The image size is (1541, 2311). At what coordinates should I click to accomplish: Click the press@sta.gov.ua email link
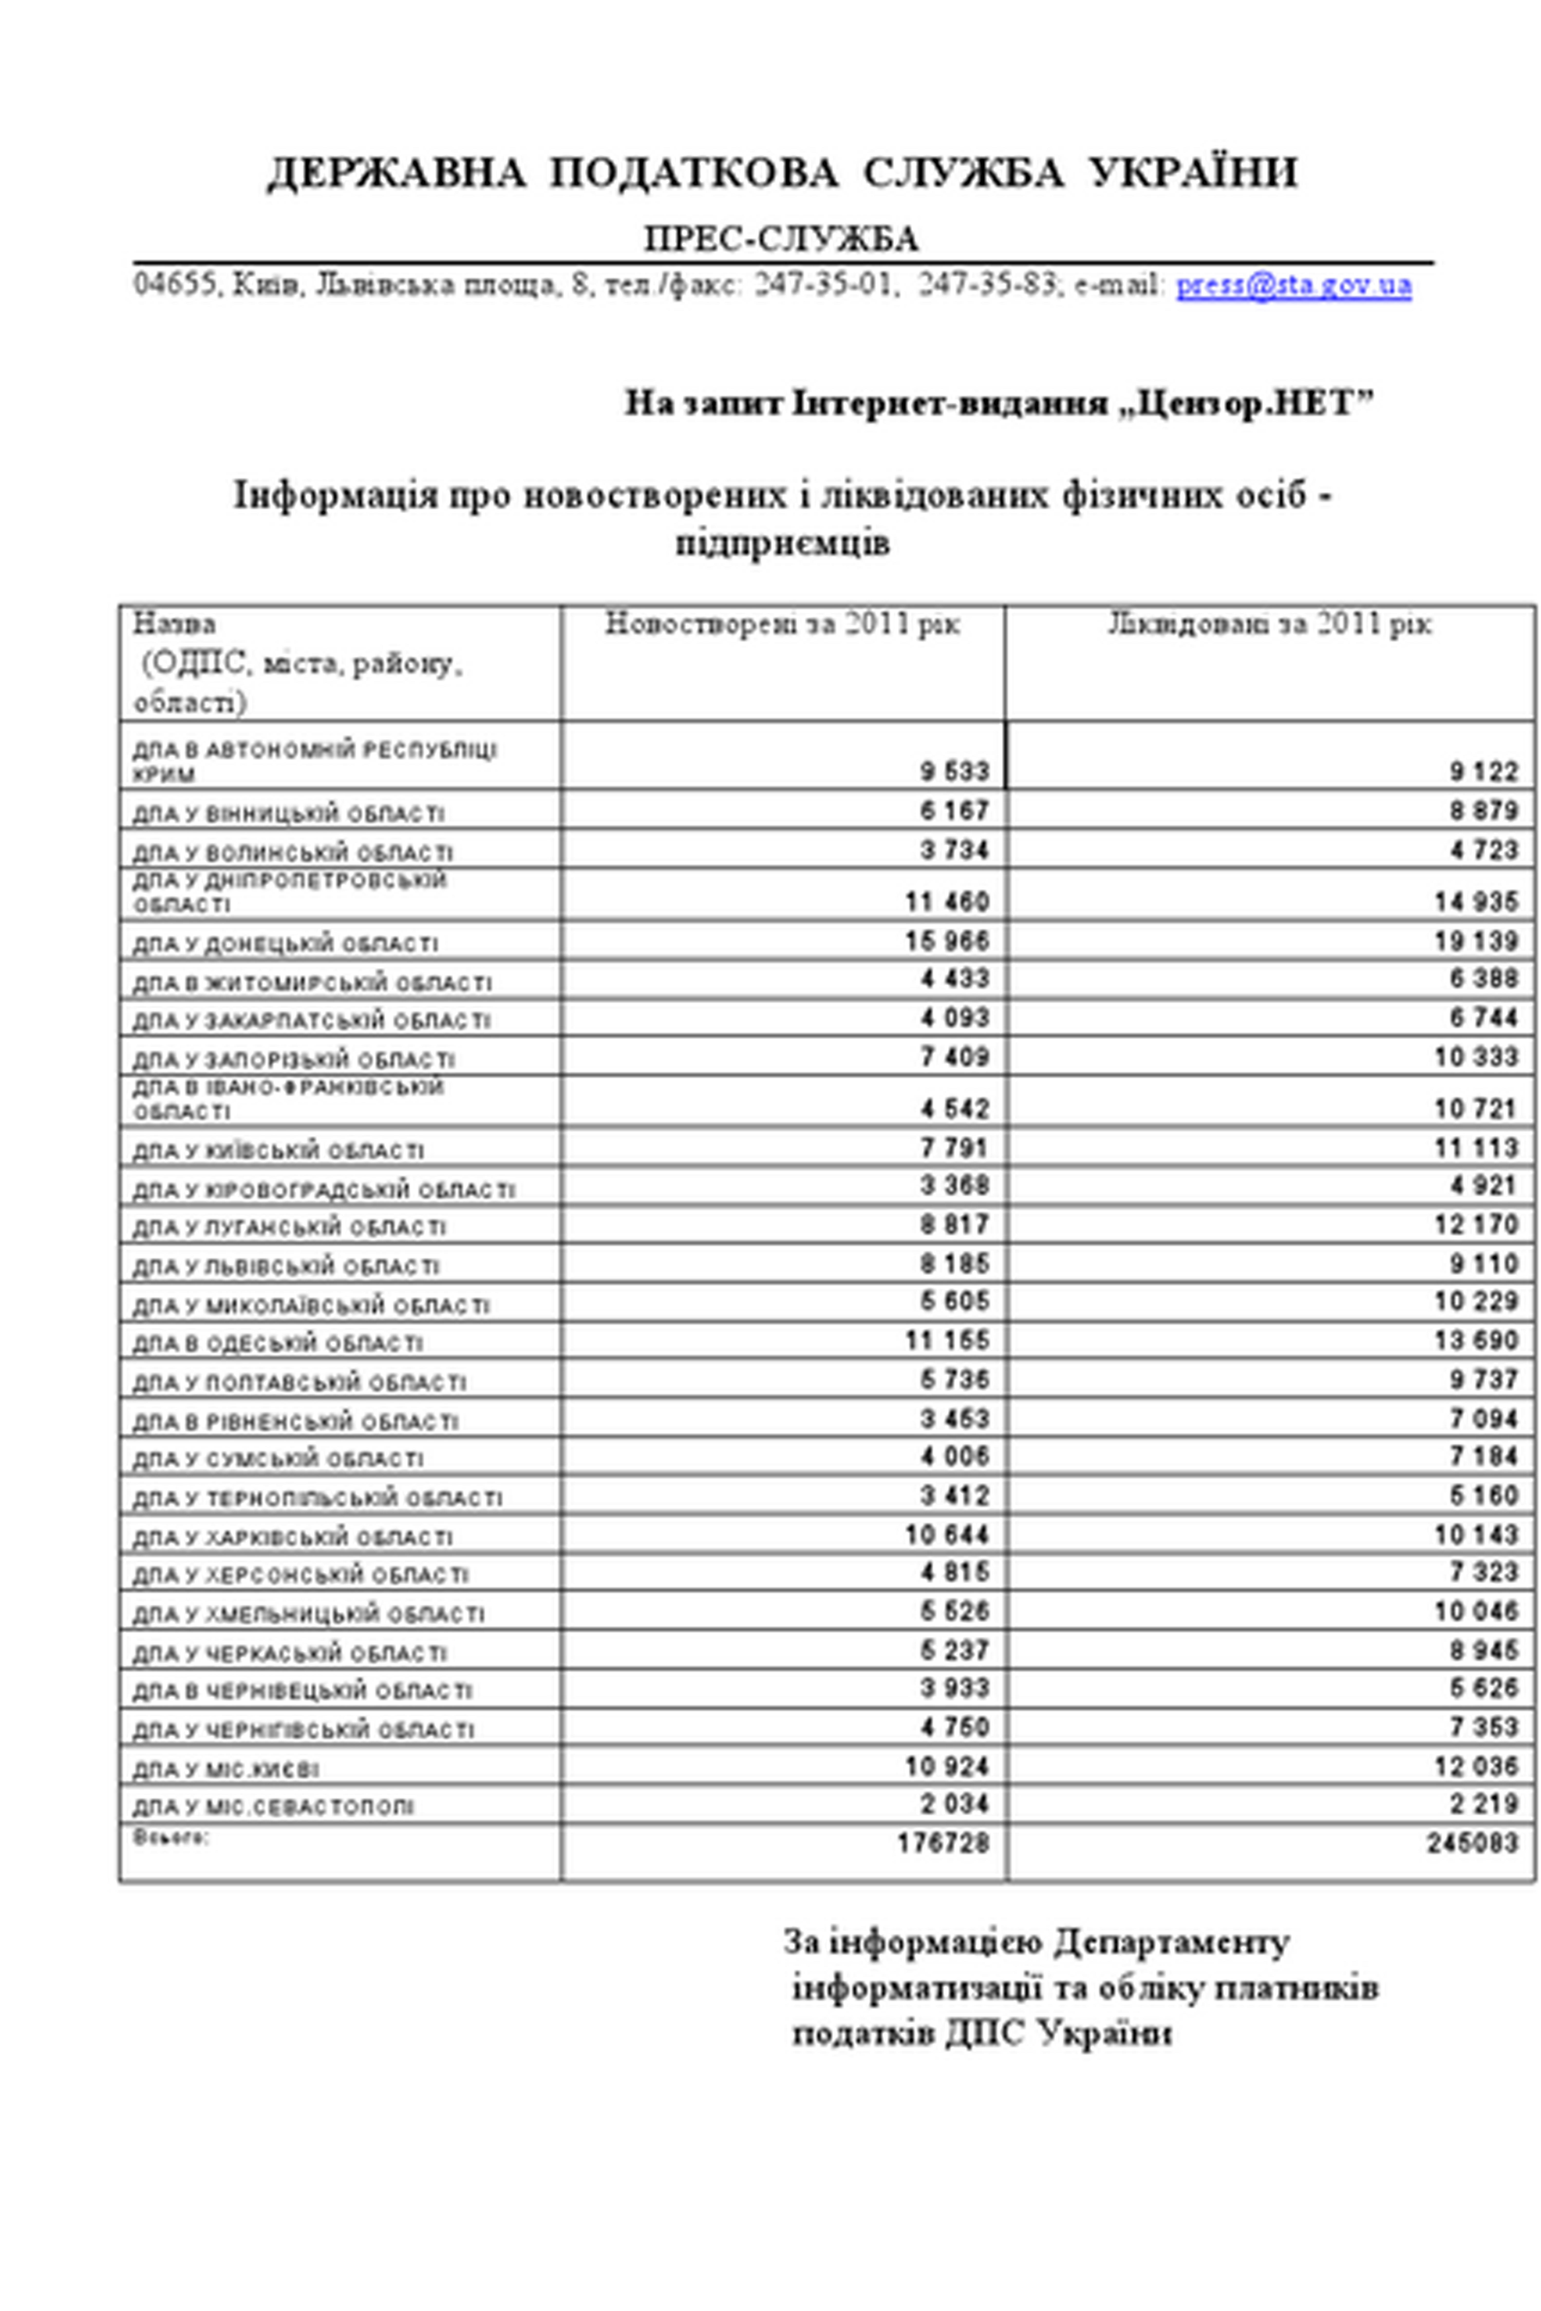click(x=1293, y=285)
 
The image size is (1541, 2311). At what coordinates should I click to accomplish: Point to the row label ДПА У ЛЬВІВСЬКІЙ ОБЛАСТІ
click(x=286, y=1266)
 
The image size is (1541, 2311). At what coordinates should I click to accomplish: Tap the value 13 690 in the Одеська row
click(x=1476, y=1340)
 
